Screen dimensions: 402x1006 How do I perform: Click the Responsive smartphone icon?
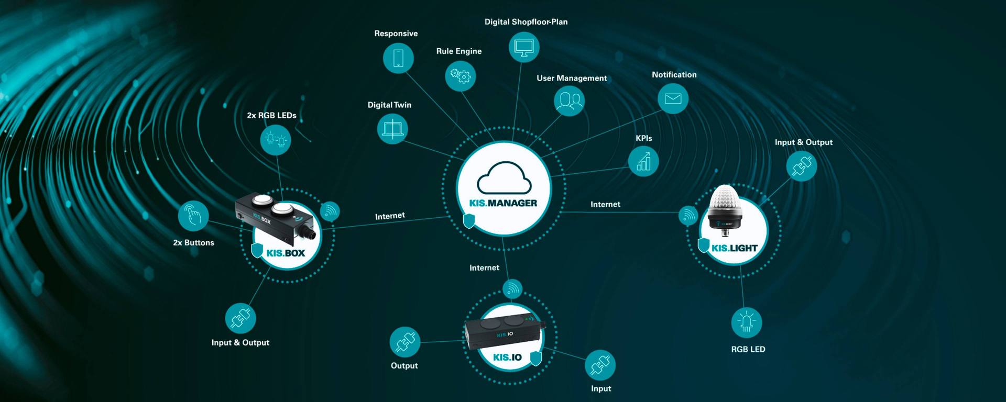(x=398, y=58)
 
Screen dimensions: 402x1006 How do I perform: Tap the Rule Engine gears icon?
(x=461, y=76)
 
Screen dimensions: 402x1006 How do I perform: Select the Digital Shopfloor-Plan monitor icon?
(x=524, y=47)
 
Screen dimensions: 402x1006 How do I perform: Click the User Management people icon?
(x=569, y=100)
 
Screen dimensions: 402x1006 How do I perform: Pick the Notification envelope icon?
(x=673, y=98)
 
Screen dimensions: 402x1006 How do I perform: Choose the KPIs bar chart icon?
(x=643, y=161)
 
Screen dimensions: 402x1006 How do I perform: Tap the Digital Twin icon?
(x=392, y=129)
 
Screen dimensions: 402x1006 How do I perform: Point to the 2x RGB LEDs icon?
(x=276, y=140)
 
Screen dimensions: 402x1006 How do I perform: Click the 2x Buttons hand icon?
(x=193, y=215)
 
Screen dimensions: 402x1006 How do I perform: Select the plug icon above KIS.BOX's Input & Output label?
(x=240, y=318)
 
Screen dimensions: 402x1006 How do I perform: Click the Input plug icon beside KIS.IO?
(x=600, y=365)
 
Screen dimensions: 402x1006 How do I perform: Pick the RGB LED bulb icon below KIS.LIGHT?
(x=747, y=322)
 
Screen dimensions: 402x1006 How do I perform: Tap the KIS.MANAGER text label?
(x=503, y=203)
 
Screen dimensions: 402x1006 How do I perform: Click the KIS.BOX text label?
(x=286, y=253)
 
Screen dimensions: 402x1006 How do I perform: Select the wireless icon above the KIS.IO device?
(x=512, y=289)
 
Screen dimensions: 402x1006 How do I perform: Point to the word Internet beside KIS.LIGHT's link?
(x=605, y=205)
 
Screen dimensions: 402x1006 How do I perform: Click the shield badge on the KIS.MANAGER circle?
(x=469, y=220)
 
